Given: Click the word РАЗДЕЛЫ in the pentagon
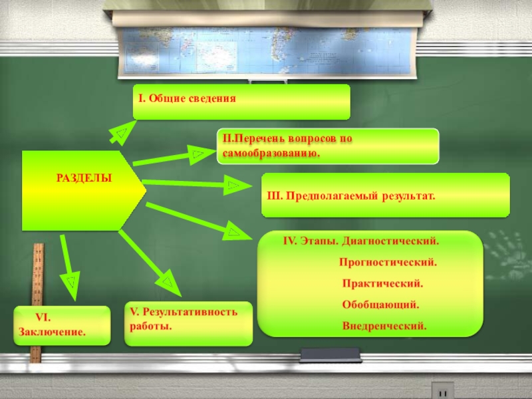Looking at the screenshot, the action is point(84,178).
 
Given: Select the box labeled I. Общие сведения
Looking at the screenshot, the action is point(241,101).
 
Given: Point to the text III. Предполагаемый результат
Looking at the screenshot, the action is point(351,197).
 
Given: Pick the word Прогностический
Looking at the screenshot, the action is point(388,262).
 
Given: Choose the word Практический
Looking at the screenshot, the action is point(382,283).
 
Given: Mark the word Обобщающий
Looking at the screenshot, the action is point(380,305).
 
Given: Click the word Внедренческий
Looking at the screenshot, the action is point(384,326).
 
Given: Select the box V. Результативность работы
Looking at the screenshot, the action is point(188,323).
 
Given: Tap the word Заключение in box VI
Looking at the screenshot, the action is point(53,331).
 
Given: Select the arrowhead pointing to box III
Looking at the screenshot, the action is point(233,186).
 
